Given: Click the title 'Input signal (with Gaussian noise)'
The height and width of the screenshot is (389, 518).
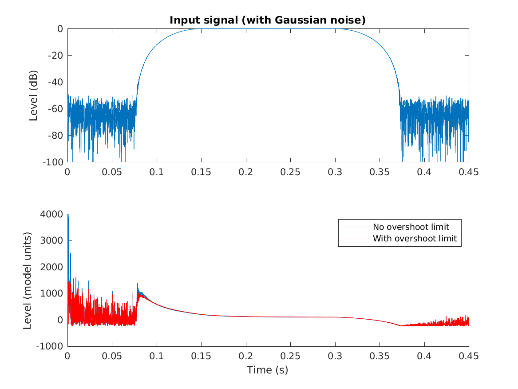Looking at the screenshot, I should coord(268,20).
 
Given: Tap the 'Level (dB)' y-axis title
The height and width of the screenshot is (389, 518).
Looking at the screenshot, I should coord(34,95).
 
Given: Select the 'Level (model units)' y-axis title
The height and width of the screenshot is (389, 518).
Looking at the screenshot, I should coord(28,280).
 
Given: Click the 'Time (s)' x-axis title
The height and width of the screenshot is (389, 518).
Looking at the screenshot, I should coord(268,370).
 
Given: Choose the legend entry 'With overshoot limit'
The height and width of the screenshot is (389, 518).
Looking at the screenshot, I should coord(415,238).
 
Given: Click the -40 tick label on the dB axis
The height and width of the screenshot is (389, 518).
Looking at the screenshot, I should coord(56,82).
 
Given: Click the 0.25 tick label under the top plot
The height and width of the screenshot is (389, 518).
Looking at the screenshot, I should coord(290,172).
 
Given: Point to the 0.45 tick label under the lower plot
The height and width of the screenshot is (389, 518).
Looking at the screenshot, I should coord(469,357).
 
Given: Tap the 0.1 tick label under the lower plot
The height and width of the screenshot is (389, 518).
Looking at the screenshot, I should coord(157,357).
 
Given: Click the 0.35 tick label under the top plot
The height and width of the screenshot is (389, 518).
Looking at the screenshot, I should coord(380,172).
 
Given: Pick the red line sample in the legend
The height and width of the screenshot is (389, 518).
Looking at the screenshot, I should coord(356,238).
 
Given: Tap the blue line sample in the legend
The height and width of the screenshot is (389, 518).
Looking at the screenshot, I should coord(356,227).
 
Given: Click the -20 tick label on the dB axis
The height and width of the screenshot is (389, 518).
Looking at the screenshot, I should coord(56,56).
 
